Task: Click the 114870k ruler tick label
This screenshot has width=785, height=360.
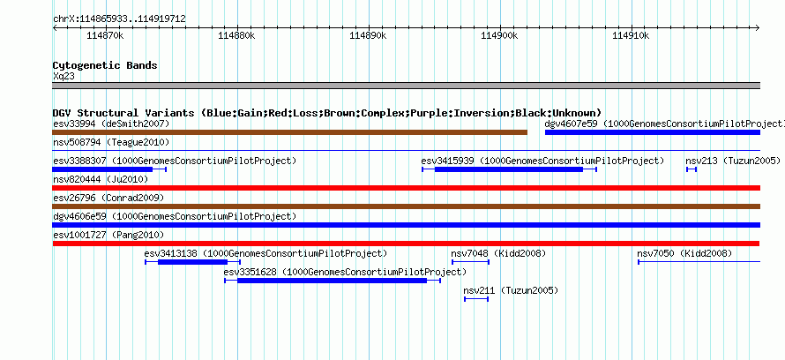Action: click(x=105, y=35)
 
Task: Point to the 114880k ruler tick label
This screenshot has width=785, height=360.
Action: click(x=236, y=35)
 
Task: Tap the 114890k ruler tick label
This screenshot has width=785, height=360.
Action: click(x=368, y=35)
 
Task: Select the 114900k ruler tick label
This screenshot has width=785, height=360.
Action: click(x=499, y=35)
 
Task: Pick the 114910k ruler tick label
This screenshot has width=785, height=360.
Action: click(x=631, y=35)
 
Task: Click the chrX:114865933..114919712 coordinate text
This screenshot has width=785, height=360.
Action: click(x=119, y=19)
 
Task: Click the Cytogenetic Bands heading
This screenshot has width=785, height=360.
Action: click(x=105, y=65)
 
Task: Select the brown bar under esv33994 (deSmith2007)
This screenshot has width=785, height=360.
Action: click(x=290, y=132)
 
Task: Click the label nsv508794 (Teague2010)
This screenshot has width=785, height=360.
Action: click(x=111, y=143)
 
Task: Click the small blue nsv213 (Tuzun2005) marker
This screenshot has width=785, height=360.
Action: click(x=692, y=169)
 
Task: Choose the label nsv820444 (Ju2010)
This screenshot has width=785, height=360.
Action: click(x=101, y=179)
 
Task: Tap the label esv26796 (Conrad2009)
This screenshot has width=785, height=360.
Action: click(x=108, y=198)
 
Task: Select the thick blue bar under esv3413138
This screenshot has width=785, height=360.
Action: click(x=193, y=262)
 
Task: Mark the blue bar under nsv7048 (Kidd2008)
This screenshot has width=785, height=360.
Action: click(x=471, y=262)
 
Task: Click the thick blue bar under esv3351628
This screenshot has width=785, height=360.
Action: click(x=332, y=281)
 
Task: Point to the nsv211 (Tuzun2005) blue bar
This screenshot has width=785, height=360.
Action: click(x=476, y=299)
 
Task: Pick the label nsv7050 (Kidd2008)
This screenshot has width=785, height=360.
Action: click(x=684, y=253)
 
